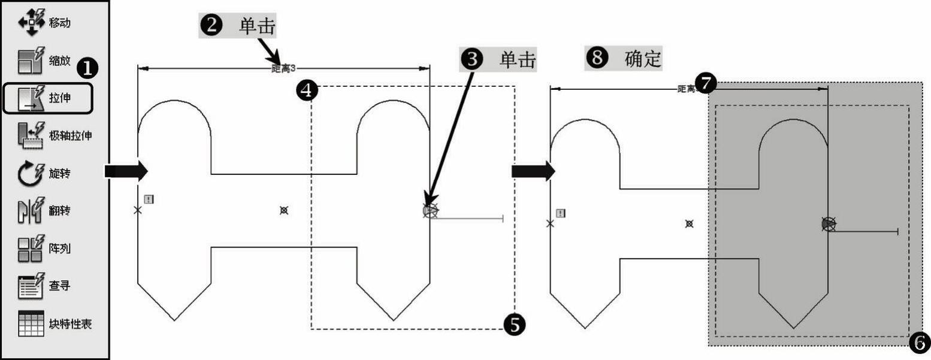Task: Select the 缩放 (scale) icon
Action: tap(28, 60)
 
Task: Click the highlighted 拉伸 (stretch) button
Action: tap(47, 98)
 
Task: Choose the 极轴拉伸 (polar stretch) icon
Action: tap(28, 135)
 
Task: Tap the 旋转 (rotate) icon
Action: tap(28, 174)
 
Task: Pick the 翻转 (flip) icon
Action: tap(28, 211)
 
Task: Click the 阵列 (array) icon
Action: tap(28, 249)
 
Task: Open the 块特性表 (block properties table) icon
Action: tap(28, 323)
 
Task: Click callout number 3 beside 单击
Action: tap(472, 59)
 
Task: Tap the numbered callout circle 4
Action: tap(306, 91)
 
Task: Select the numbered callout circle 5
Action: tap(515, 325)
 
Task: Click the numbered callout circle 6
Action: tap(920, 343)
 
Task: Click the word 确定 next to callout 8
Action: tap(643, 59)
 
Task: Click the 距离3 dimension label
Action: tap(284, 69)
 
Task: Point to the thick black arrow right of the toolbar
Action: tap(126, 171)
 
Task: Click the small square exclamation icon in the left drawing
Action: tap(149, 199)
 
